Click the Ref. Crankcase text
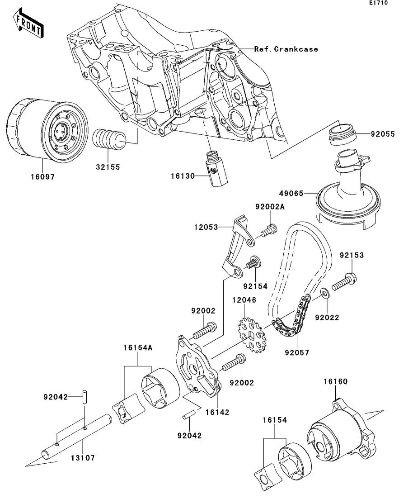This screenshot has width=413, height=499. coord(286,49)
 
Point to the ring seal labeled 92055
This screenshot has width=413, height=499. coord(343,133)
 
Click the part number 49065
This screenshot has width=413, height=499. coord(290,193)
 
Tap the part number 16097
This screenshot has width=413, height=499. coord(42,177)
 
